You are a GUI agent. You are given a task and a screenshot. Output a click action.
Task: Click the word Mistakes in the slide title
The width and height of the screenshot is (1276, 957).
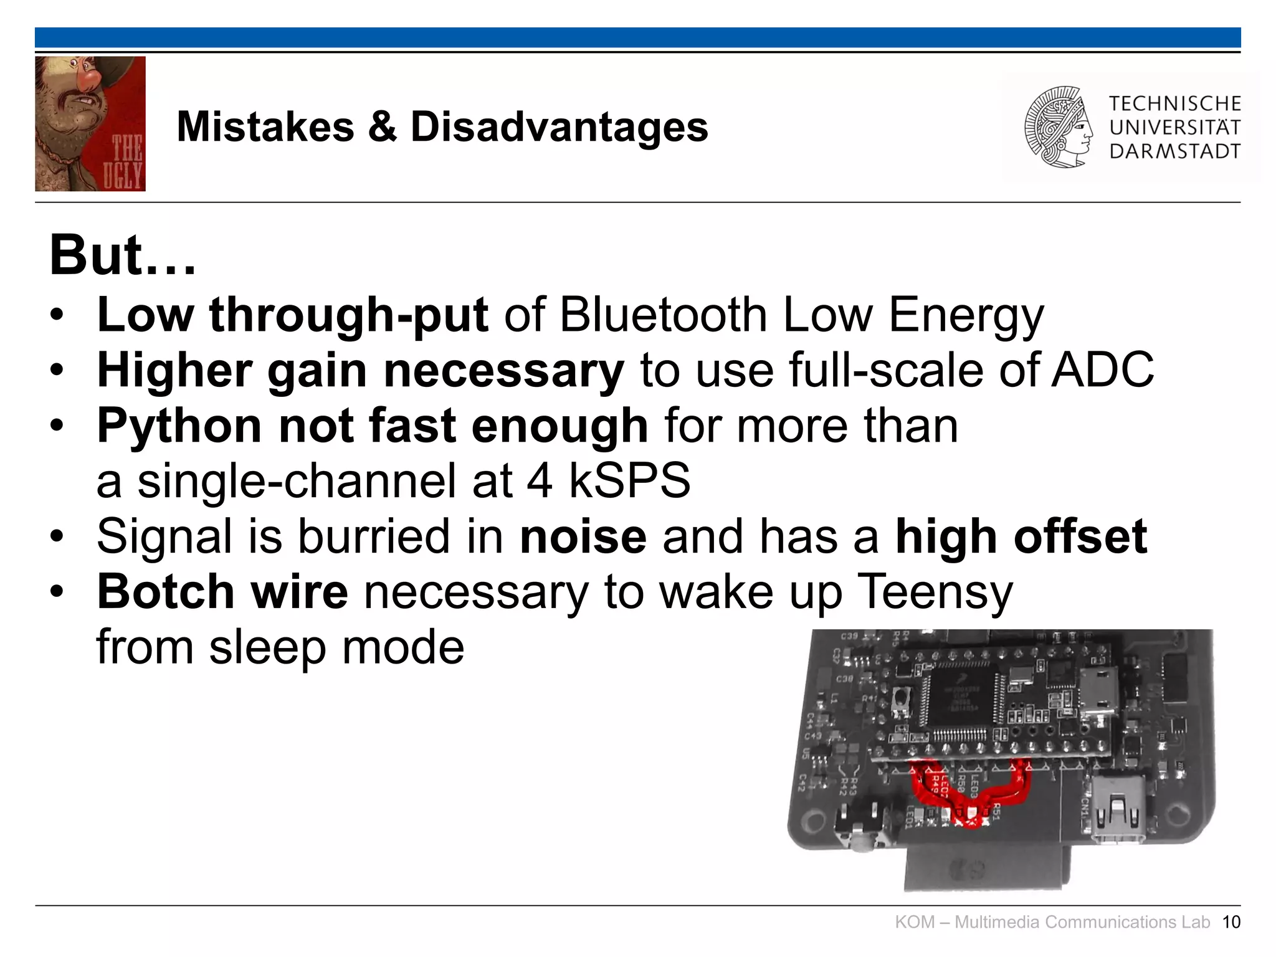265,127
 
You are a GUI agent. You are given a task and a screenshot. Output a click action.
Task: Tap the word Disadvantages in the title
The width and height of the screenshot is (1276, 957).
559,127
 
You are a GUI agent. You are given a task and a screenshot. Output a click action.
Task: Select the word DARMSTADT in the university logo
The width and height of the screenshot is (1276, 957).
1174,151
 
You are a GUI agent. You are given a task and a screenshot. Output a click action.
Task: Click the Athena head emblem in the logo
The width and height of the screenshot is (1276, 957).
1058,127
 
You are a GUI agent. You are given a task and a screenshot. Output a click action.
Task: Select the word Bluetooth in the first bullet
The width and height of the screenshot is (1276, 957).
663,315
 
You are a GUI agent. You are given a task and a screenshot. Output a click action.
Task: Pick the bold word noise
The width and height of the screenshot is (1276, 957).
583,536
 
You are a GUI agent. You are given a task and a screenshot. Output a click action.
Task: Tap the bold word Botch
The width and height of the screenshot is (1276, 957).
165,591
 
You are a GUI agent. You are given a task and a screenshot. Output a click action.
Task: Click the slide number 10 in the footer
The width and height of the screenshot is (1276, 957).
1231,922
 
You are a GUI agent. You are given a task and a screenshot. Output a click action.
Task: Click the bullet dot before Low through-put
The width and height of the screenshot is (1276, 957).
57,315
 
